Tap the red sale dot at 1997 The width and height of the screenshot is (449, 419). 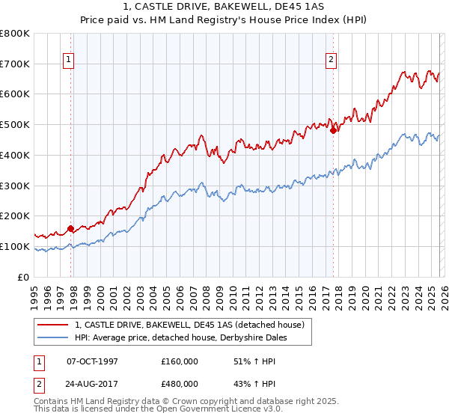71,228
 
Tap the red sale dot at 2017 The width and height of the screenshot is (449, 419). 334,130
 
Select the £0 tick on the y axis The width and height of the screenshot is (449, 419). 24,277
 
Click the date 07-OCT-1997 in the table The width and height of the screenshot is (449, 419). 92,361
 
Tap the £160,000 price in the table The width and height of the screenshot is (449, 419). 180,361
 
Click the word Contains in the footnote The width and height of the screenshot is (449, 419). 52,402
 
